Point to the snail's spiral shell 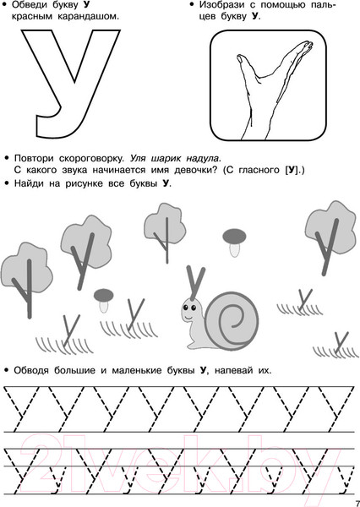coord(232,321)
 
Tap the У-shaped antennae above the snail coord(195,282)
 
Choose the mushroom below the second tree coord(103,300)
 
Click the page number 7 coord(357,503)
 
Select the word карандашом coord(88,17)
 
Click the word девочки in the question coord(196,170)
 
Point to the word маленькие coord(137,370)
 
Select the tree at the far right coord(330,237)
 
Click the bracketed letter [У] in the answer coord(292,170)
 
